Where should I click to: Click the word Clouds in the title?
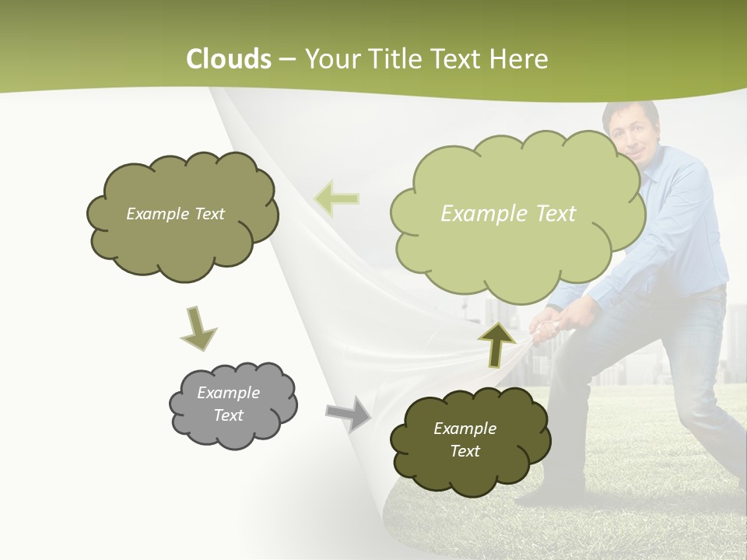(x=229, y=59)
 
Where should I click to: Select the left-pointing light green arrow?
(x=336, y=199)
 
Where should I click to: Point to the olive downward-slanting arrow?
(x=198, y=329)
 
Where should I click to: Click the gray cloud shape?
(x=233, y=405)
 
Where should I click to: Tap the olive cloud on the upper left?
(x=182, y=214)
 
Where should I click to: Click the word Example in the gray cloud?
(x=228, y=393)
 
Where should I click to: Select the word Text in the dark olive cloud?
(x=465, y=452)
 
